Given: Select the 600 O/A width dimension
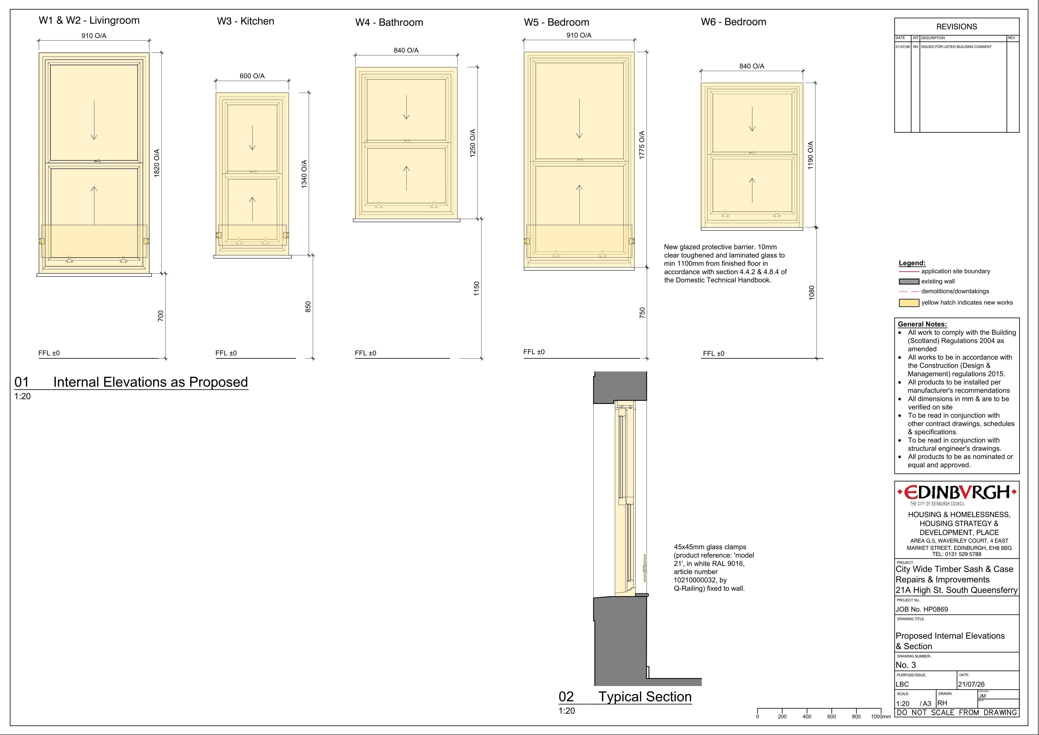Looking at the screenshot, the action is [x=252, y=76].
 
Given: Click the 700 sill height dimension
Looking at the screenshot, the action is [x=161, y=316].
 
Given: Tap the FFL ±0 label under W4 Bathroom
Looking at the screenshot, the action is [x=366, y=353].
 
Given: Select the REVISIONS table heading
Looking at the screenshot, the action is [x=957, y=27].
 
